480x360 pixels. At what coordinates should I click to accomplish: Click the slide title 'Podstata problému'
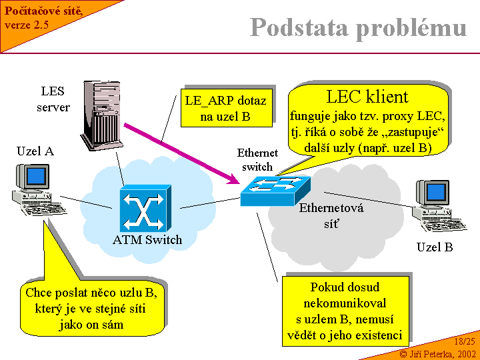[359, 27]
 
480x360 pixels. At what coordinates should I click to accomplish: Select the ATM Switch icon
[145, 209]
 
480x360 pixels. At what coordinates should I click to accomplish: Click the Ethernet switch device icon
[267, 190]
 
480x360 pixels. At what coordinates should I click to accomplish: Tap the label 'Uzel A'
[35, 151]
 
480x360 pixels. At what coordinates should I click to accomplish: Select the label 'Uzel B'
[435, 247]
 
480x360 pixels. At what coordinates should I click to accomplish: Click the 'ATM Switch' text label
[147, 239]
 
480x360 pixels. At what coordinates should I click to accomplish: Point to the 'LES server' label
[53, 99]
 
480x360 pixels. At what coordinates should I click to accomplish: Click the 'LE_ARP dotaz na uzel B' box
[225, 109]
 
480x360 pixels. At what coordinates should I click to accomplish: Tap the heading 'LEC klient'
[367, 97]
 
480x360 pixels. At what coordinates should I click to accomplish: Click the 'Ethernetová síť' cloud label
[331, 215]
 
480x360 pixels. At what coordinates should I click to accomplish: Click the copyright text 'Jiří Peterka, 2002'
[437, 353]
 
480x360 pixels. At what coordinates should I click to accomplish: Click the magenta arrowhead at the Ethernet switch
[235, 179]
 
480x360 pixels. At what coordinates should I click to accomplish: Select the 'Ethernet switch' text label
[257, 160]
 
